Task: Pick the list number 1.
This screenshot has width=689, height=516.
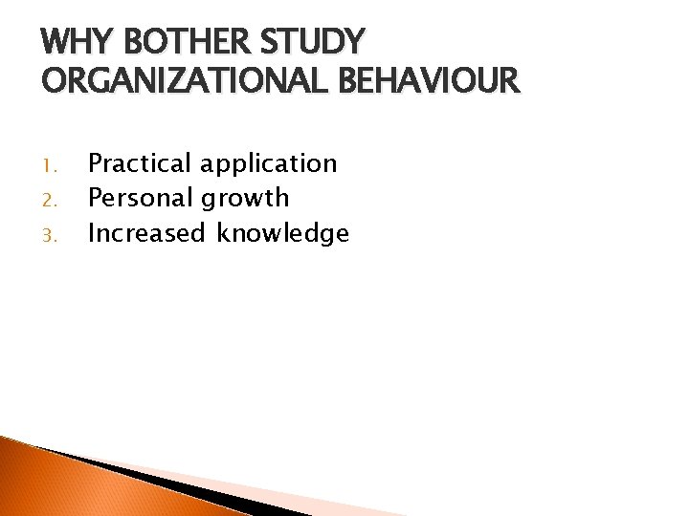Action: [x=49, y=165]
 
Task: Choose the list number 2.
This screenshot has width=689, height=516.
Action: [x=49, y=200]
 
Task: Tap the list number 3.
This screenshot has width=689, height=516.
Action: [x=49, y=234]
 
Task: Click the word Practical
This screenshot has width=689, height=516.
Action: [x=140, y=163]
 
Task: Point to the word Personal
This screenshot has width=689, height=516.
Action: [x=141, y=198]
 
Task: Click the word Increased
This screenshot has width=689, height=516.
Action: [x=146, y=232]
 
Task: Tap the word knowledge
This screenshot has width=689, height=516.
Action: [x=282, y=233]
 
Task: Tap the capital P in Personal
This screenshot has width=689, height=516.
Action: [x=95, y=198]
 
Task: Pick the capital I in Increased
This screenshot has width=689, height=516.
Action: [x=91, y=232]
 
